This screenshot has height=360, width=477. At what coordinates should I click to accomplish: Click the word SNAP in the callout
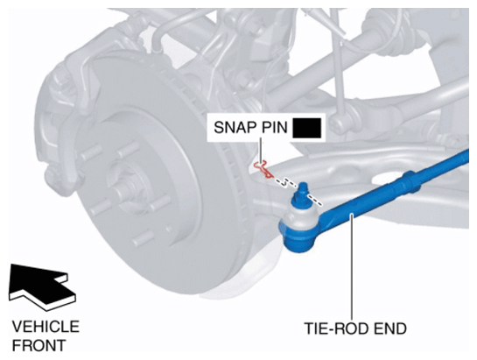coord(235,127)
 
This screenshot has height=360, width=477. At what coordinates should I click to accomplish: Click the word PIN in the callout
coord(274,127)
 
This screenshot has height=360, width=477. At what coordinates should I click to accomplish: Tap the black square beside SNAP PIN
coord(306,128)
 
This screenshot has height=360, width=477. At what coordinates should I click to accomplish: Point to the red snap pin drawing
coord(263,169)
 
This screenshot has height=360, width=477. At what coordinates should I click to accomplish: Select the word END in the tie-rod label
coord(390,328)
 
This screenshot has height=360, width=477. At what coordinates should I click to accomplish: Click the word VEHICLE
coord(46,327)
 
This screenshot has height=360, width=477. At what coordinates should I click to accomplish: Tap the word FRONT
coord(39,346)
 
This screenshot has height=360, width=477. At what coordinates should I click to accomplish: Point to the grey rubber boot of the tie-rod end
coord(299,216)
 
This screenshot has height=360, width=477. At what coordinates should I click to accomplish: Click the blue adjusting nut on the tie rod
coord(410,182)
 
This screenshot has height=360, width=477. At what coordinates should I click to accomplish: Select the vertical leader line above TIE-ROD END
coord(352,266)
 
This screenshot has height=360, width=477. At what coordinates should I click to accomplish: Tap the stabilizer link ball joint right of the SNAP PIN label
coord(340,124)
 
